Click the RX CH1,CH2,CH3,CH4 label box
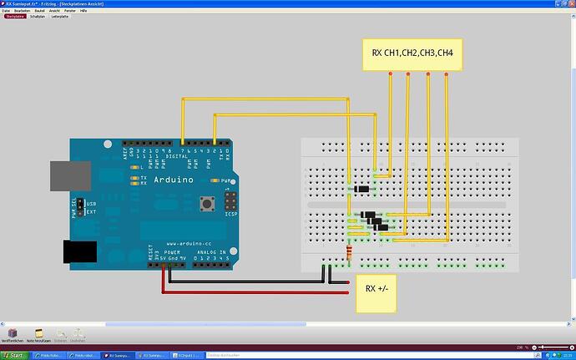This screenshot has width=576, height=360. point(412,53)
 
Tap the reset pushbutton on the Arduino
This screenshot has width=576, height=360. point(203,203)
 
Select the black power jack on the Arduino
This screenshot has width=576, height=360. point(80,250)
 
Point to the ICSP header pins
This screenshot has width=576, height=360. point(230,200)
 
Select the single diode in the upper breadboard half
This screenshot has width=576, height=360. point(361,190)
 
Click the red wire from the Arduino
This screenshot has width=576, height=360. point(250,292)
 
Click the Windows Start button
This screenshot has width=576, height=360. point(13,355)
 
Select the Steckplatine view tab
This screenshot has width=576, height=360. point(14,15)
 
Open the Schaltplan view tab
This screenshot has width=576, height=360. point(37,15)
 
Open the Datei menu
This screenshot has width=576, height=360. point(6,10)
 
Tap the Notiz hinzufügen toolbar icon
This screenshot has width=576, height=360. point(38,333)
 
